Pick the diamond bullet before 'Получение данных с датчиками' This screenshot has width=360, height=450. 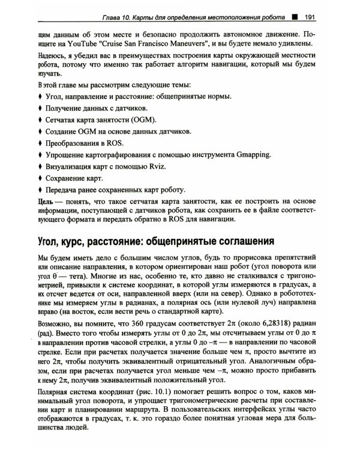point(40,108)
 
